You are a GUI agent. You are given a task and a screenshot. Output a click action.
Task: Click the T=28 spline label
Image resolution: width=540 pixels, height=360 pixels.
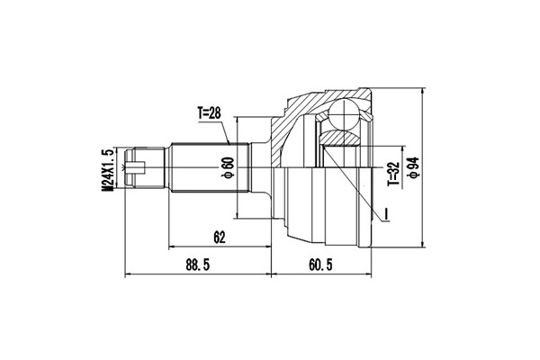coord(214,114)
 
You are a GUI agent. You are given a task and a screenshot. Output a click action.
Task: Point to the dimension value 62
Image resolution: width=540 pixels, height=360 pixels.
coord(220,238)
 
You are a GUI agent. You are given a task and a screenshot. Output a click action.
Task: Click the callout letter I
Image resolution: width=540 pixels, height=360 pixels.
coord(385,213)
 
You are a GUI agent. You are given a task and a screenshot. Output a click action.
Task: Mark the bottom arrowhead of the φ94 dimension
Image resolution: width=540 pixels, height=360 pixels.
coord(424,243)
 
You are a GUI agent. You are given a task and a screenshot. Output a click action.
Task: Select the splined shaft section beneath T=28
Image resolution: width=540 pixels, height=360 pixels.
coord(202,167)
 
